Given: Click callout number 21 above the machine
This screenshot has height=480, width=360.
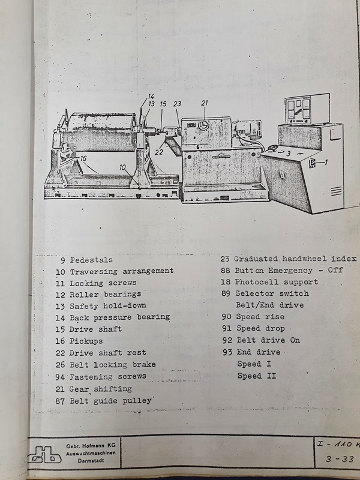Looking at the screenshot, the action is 205,103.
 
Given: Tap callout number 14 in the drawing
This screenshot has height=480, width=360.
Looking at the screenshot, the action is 151,96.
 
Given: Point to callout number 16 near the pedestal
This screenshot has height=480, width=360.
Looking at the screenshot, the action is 83,158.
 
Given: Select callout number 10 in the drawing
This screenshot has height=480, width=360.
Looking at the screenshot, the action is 122,167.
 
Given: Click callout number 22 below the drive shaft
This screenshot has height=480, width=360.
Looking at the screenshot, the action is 158,152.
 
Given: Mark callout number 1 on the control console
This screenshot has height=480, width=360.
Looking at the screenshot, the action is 326,162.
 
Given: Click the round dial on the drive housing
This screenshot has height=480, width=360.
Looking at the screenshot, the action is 203,125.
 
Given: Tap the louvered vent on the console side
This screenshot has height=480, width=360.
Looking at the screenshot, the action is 336,191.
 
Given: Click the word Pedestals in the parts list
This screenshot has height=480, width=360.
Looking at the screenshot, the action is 91,260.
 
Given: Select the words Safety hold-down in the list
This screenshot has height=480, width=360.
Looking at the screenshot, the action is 108,305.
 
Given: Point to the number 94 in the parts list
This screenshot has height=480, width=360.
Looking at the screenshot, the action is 59,377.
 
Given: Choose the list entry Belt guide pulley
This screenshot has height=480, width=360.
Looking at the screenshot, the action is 110,401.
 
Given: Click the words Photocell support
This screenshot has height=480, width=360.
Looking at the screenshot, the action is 277,281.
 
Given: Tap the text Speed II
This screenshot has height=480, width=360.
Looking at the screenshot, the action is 257,376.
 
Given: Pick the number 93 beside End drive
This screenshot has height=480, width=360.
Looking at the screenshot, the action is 227,352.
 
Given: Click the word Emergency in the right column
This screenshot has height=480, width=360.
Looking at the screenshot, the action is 290,271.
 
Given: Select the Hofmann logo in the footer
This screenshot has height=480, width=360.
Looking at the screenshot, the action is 44,454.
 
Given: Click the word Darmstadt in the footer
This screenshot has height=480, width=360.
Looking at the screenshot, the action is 91,460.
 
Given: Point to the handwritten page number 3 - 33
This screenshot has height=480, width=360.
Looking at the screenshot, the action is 340,459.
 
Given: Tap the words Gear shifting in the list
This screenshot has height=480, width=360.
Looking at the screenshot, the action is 100,389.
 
